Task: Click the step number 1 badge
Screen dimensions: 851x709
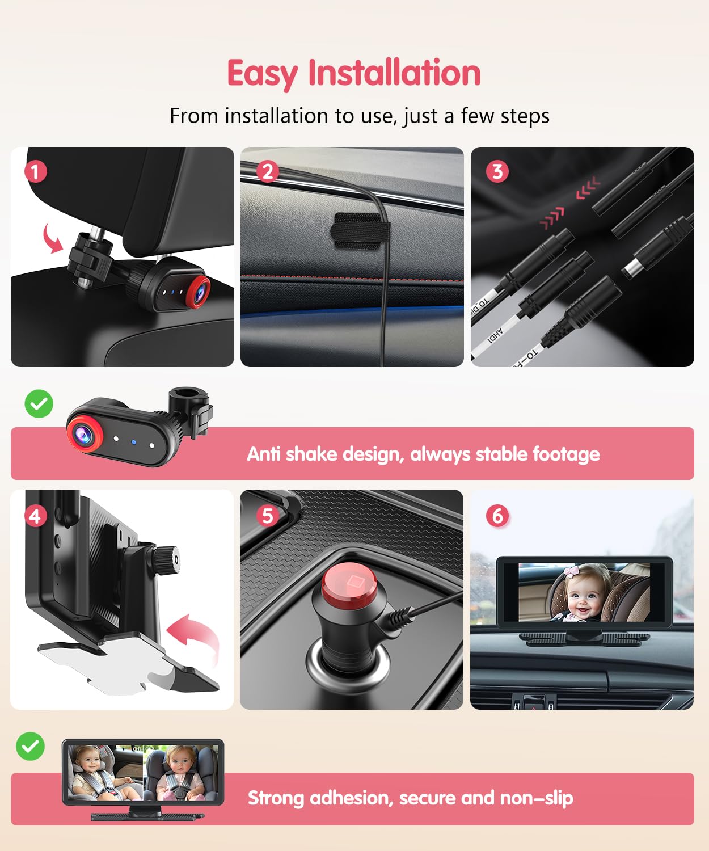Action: [35, 171]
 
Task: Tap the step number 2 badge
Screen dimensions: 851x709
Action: [268, 171]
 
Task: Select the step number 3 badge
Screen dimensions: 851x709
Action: [497, 171]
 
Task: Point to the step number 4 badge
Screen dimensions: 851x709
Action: [35, 516]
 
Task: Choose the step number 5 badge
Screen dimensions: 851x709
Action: [268, 515]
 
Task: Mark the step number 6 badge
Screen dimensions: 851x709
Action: [497, 516]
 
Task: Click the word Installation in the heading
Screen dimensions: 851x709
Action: [394, 73]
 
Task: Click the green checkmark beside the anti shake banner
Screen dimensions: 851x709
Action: [39, 404]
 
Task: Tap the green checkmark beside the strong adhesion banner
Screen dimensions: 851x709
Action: [31, 746]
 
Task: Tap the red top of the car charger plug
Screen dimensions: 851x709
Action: [349, 585]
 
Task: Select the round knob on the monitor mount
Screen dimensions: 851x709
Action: [168, 559]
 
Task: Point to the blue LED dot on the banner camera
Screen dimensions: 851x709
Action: [134, 441]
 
